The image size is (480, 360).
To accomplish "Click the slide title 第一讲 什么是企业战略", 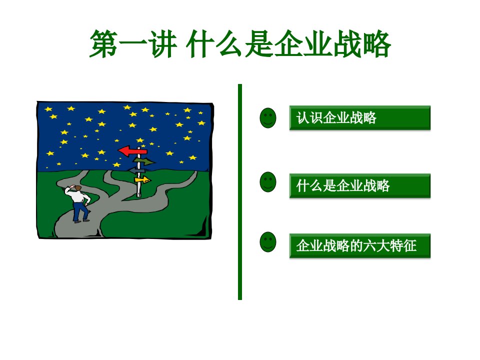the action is [240, 44].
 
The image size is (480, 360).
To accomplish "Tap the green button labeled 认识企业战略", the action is [360, 118].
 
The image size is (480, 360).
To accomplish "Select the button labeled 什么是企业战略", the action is [360, 186].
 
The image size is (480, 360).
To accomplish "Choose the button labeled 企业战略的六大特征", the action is [360, 246].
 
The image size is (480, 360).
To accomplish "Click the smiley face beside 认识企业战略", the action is [268, 118].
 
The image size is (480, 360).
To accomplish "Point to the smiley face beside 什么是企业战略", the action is [268, 182].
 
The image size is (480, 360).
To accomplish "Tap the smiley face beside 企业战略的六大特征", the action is [268, 242].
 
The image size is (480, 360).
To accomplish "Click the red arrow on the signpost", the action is [132, 151].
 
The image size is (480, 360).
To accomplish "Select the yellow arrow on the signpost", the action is [143, 179].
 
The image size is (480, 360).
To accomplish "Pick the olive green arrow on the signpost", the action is [144, 161].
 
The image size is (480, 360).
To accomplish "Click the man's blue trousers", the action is [80, 211].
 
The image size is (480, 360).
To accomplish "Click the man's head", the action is [78, 188].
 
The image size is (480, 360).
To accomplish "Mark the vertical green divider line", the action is [240, 192].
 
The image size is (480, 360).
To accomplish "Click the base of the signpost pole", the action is [139, 194].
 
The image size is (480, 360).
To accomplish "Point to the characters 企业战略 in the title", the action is [332, 44].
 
